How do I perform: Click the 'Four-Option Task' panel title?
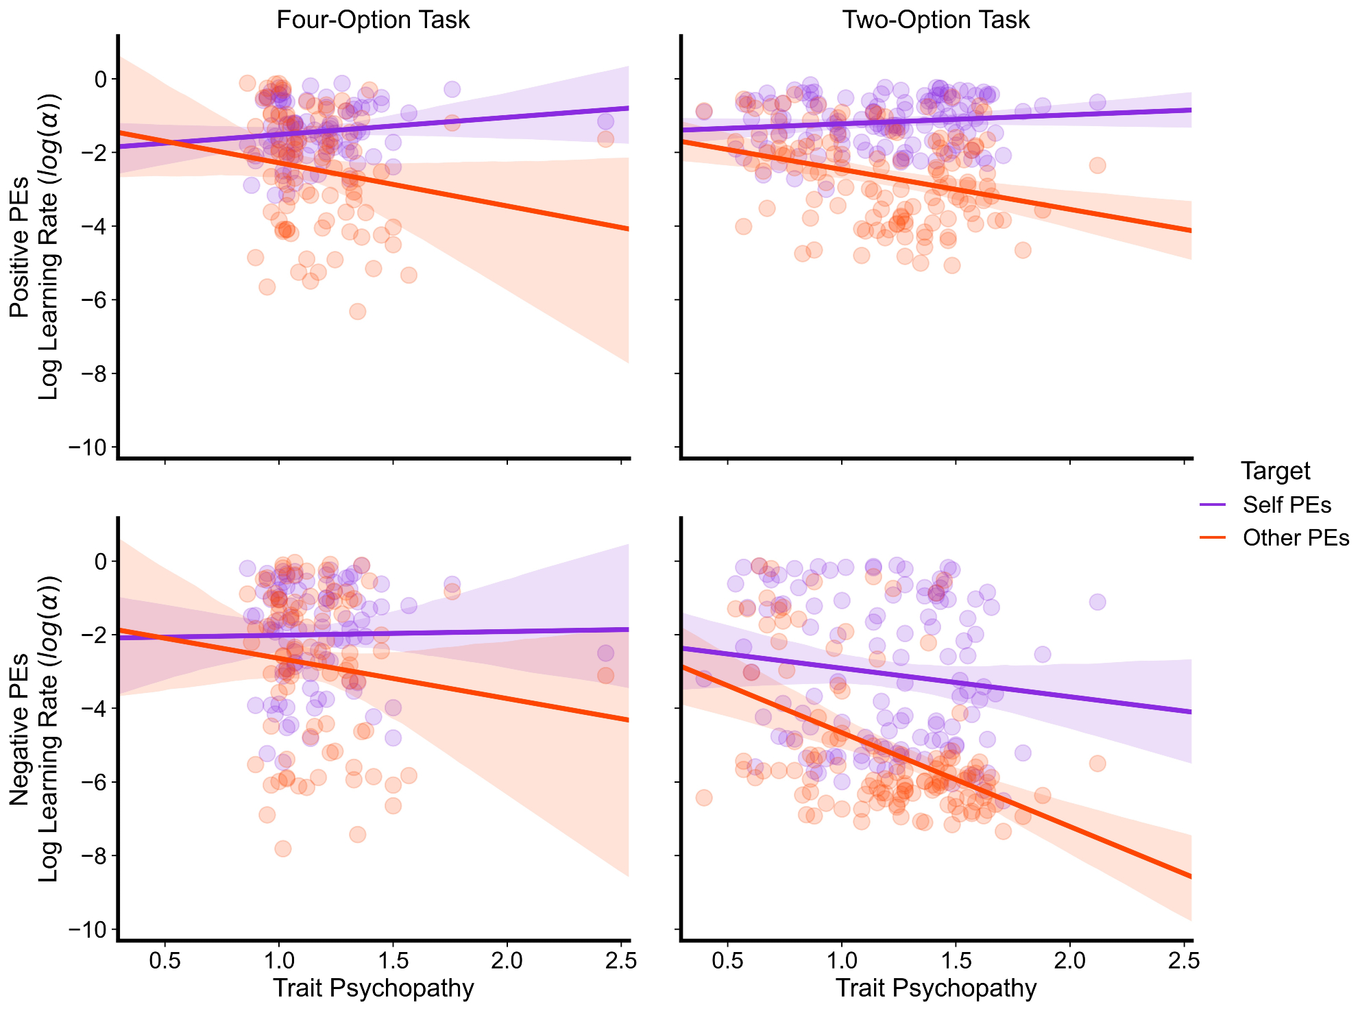373,20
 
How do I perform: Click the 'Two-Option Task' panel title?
936,20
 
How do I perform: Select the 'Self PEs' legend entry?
1287,505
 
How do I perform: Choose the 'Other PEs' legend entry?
1296,538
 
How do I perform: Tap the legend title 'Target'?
1276,472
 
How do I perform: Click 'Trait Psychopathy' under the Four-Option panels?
373,988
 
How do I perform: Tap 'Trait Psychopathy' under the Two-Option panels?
936,988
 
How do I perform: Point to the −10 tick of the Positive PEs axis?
88,448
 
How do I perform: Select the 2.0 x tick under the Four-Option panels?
507,961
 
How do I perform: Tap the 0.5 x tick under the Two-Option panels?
727,961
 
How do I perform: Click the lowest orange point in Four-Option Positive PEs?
357,311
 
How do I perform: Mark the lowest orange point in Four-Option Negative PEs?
282,849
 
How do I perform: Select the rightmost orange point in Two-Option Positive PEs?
1097,165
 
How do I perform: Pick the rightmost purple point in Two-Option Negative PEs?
1097,602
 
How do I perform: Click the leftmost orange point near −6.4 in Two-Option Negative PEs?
704,797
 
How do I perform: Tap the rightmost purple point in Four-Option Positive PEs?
605,122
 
